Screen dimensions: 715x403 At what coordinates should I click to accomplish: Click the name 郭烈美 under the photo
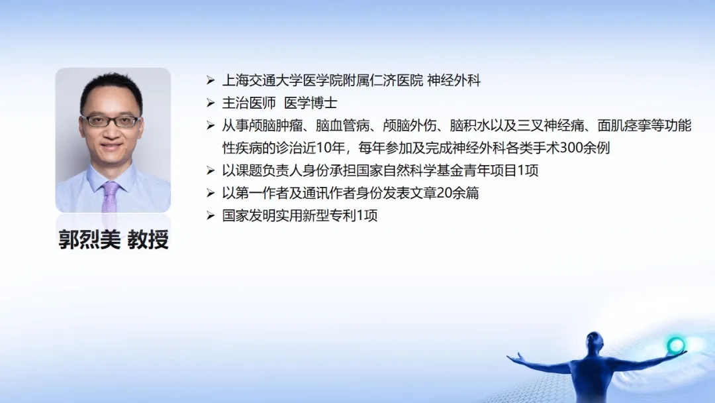pyautogui.click(x=89, y=239)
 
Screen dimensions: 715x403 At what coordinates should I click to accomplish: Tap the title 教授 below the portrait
pyautogui.click(x=148, y=239)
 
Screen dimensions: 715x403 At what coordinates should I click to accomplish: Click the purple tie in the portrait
pyautogui.click(x=110, y=197)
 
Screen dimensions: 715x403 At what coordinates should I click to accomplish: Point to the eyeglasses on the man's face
pyautogui.click(x=111, y=121)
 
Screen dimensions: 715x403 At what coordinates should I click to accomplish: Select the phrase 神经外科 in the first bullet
pyautogui.click(x=453, y=81)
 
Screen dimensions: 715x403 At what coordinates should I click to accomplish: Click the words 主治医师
pyautogui.click(x=249, y=103)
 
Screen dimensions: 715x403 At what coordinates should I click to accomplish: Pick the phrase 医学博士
pyautogui.click(x=310, y=103)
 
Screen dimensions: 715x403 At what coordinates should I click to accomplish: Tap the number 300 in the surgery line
pyautogui.click(x=571, y=148)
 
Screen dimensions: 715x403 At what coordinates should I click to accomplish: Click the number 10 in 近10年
pyautogui.click(x=323, y=148)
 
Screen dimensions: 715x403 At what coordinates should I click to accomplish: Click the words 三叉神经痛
pyautogui.click(x=551, y=125)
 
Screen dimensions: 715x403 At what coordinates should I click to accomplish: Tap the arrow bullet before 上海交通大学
pyautogui.click(x=211, y=81)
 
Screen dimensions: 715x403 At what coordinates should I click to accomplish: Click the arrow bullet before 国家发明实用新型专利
pyautogui.click(x=211, y=215)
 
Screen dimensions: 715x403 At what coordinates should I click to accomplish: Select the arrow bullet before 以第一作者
pyautogui.click(x=211, y=193)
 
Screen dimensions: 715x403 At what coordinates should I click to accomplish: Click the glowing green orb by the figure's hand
pyautogui.click(x=675, y=345)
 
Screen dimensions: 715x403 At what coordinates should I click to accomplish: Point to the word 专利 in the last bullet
pyautogui.click(x=343, y=215)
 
